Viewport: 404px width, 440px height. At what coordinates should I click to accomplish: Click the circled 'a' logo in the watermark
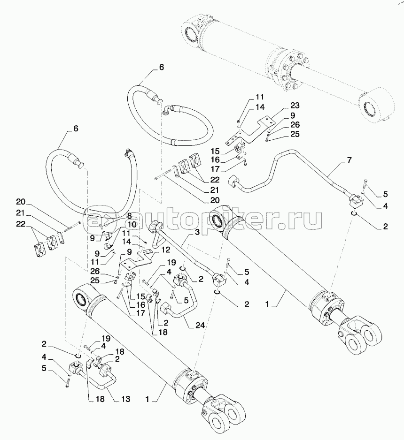coord(95,219)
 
